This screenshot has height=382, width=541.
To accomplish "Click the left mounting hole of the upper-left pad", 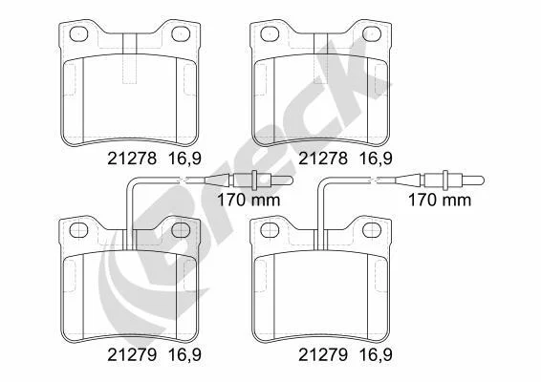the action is (x=79, y=33).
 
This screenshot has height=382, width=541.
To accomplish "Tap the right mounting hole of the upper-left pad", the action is (x=181, y=33).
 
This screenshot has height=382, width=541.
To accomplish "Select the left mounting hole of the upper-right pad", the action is (x=270, y=33).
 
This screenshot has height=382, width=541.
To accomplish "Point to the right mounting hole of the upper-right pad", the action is (x=372, y=33).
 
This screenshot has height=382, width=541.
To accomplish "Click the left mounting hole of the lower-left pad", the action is (x=79, y=230).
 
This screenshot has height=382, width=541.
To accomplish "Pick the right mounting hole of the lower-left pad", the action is (x=181, y=230).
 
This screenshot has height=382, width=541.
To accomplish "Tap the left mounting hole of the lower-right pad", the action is (x=270, y=230).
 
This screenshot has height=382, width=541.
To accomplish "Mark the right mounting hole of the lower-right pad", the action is (x=372, y=230).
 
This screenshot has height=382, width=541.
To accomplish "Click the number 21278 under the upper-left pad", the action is (x=132, y=159).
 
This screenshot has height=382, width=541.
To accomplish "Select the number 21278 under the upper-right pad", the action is (x=323, y=159).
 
